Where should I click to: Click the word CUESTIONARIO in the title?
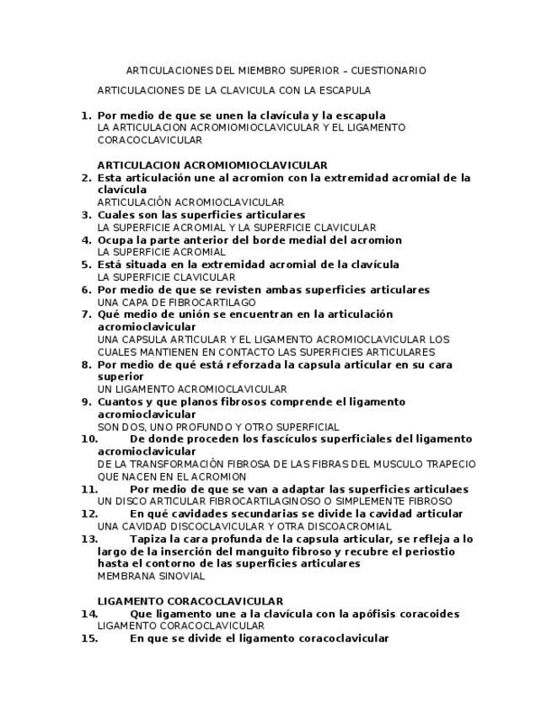pos(388,71)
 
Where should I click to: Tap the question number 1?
pos(85,116)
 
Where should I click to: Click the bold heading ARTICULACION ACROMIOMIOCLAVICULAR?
pos(212,165)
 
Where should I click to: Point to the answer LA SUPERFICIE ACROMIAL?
pos(162,252)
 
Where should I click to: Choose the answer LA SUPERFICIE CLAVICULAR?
pos(166,277)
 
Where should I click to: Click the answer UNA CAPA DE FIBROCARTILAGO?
pos(177,302)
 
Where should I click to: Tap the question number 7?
pos(85,314)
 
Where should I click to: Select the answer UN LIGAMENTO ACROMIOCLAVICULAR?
pos(192,390)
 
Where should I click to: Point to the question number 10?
pos(89,439)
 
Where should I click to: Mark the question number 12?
pos(89,513)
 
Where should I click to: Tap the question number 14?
pos(89,614)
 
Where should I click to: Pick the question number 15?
pos(89,639)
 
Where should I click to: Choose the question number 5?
pos(85,265)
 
